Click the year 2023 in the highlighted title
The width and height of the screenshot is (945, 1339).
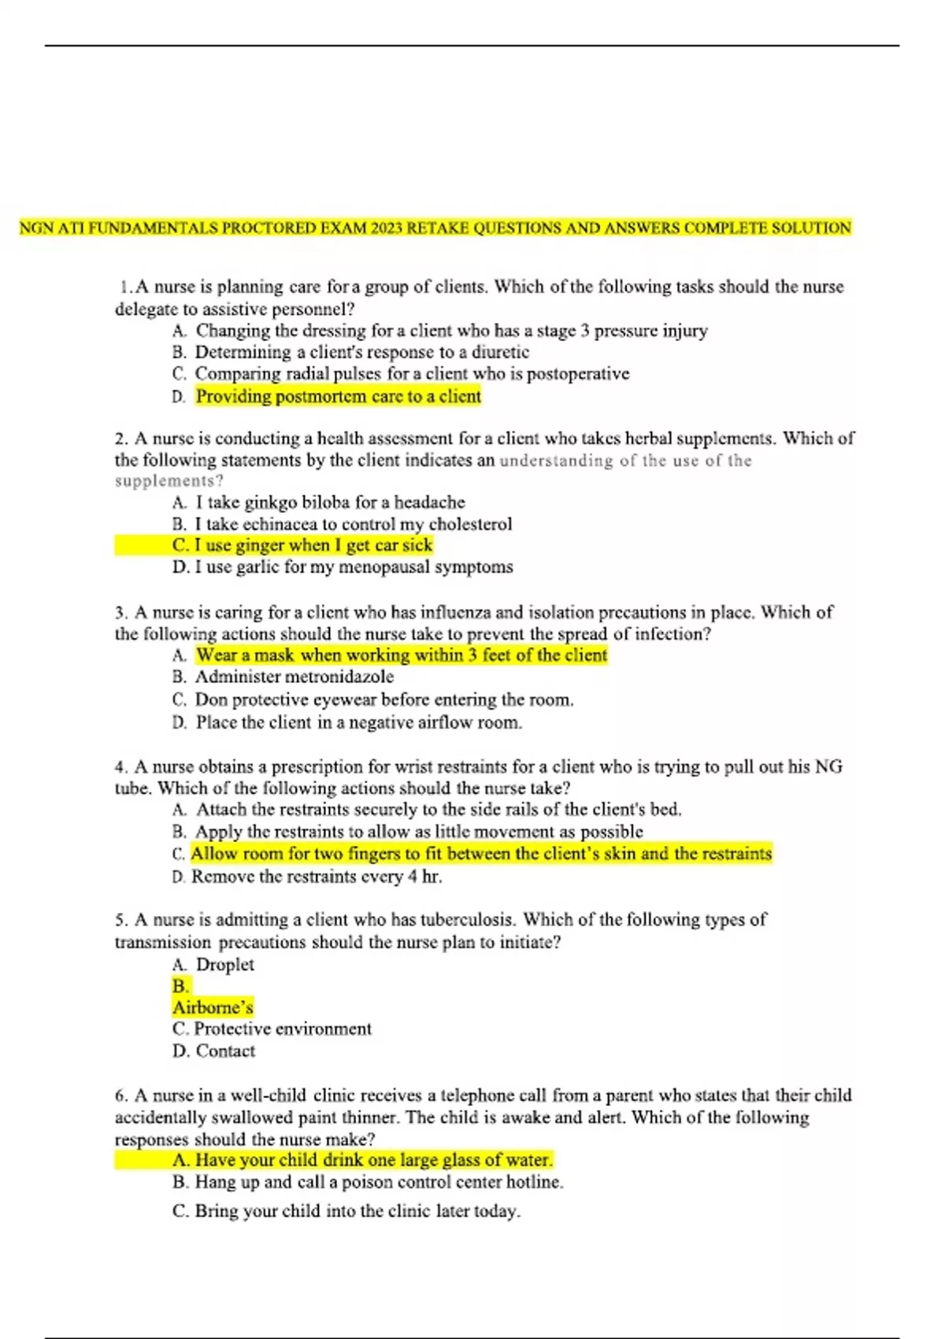tap(387, 228)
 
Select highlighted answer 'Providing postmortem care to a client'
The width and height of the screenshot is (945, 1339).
tap(338, 396)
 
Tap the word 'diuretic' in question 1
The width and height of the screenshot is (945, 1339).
tap(500, 352)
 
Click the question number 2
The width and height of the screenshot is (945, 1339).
tap(121, 439)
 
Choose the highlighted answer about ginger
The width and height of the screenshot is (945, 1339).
tap(313, 545)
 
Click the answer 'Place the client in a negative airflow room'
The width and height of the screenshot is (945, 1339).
tap(358, 722)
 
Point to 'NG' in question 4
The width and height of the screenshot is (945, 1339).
tap(828, 766)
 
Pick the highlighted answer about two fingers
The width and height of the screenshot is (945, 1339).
tap(481, 854)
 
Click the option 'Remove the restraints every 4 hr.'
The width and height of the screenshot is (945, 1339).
tap(317, 877)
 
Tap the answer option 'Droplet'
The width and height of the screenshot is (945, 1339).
tap(224, 965)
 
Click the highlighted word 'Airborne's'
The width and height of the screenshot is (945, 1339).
tap(213, 1007)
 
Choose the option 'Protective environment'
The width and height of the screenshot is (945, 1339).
tap(282, 1029)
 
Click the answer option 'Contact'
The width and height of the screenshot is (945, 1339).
tap(225, 1051)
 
